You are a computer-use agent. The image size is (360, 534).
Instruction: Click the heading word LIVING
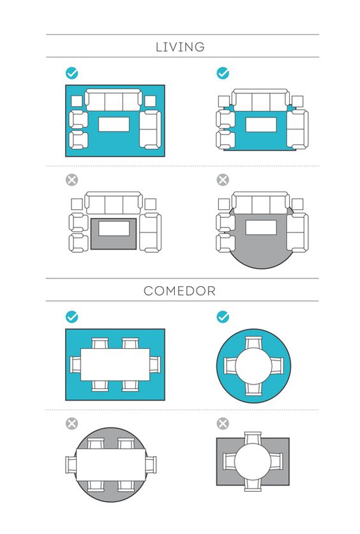point(180,47)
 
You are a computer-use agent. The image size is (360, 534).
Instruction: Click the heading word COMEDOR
point(179,291)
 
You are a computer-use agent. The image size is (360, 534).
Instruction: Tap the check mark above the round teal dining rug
point(223,317)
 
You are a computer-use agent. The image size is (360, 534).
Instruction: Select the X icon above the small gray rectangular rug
point(71,179)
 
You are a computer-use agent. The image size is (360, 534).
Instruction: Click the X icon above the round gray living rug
point(223,179)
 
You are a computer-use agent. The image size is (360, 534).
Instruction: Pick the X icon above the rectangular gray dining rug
point(223,423)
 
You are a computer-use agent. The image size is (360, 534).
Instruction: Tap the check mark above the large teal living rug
point(71,73)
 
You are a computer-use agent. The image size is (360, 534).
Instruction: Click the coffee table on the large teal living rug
point(114,125)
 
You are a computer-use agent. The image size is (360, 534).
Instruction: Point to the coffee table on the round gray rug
point(261,227)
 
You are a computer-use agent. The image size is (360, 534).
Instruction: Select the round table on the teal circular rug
point(253,366)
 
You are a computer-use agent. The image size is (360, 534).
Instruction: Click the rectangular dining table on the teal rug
point(115,364)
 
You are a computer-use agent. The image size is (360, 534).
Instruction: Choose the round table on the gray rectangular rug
point(253,462)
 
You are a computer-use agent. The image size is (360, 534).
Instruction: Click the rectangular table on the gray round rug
point(110,465)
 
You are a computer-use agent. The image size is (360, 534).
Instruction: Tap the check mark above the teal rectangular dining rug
point(71,317)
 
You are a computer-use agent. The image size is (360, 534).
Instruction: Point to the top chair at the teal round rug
point(253,343)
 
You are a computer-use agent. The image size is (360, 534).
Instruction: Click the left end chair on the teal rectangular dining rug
point(75,364)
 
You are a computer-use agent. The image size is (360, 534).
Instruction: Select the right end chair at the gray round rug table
point(151,465)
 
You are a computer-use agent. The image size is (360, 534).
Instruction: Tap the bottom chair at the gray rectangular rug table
point(253,485)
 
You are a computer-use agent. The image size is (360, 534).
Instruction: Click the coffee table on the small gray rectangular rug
point(114,229)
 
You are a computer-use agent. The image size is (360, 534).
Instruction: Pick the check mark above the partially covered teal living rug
point(223,73)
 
